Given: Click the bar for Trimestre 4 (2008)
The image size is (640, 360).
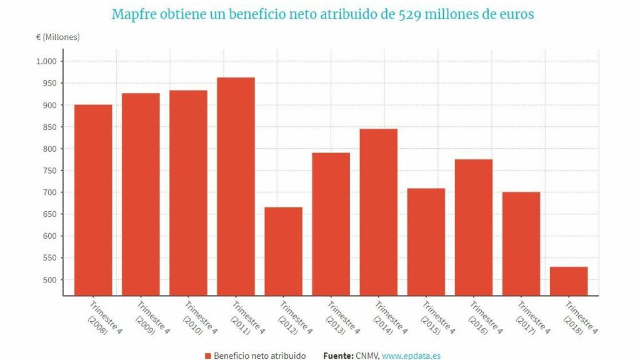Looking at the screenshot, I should click(93, 200).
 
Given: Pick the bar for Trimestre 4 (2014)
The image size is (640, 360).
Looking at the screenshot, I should click(378, 212).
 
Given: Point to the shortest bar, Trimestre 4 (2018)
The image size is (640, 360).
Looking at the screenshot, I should click(568, 281).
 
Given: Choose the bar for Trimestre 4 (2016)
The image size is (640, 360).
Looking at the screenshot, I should click(473, 227).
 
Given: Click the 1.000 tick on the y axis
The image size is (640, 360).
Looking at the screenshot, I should click(46, 61).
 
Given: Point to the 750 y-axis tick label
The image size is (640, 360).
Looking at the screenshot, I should click(49, 171).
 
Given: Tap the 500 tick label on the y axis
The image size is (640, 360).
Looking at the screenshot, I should click(49, 280).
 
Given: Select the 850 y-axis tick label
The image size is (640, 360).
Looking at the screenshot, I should click(49, 127).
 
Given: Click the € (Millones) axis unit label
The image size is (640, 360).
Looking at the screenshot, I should click(58, 37).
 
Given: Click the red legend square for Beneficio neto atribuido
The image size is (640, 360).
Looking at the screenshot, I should click(207, 356).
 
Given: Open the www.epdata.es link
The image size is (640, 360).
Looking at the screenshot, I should click(411, 356).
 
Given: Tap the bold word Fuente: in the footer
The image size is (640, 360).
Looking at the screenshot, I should click(338, 356).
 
